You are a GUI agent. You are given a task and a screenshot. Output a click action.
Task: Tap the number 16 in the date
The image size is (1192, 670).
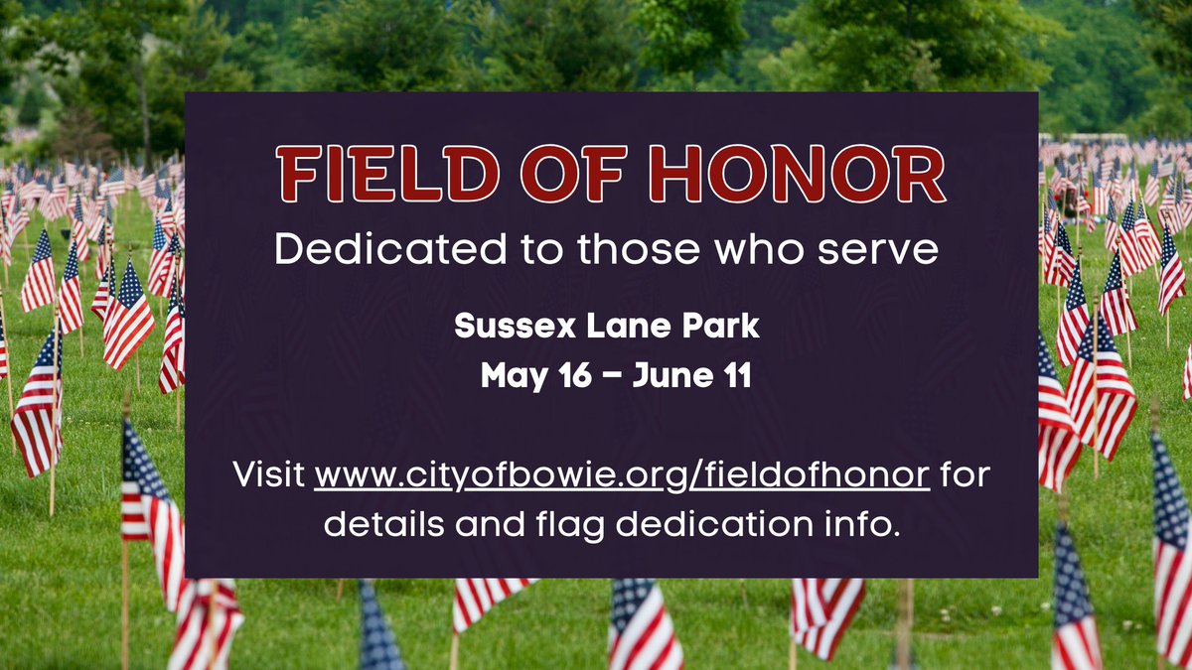point(562,376)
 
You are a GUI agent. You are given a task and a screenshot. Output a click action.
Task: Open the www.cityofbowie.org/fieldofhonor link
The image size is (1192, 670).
point(622,474)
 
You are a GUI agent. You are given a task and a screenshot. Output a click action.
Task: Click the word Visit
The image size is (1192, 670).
point(268,474)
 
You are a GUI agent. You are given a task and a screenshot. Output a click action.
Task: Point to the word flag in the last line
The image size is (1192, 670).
point(568,523)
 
